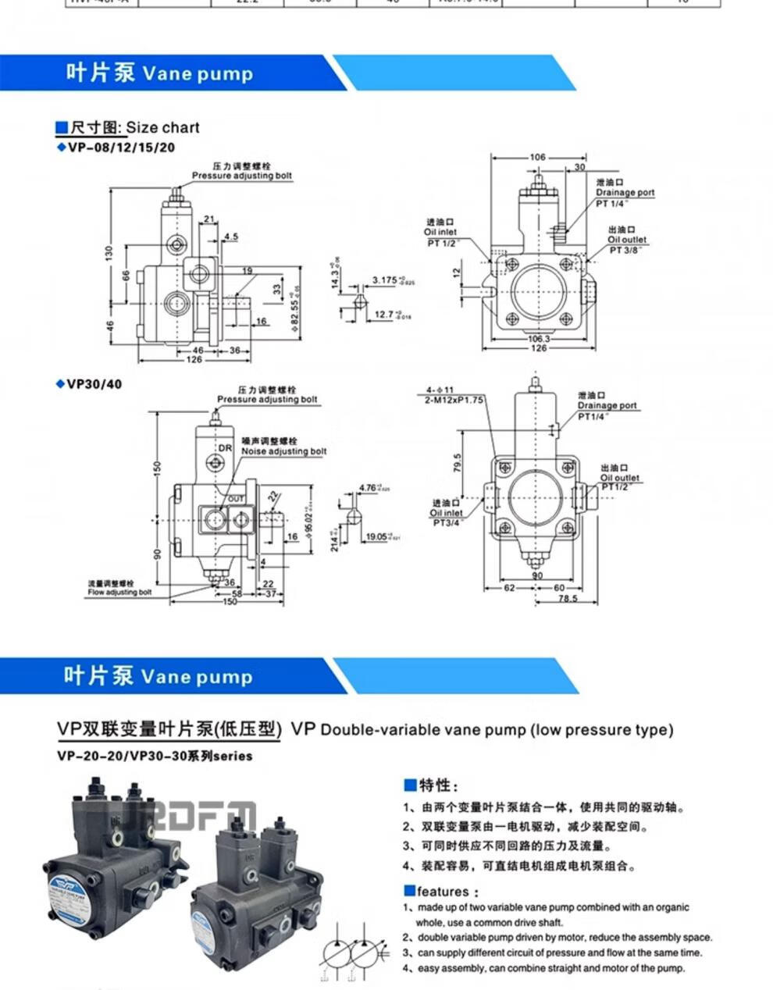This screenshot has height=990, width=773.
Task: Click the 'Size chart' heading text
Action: tap(162, 127)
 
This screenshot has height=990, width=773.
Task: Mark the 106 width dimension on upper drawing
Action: tap(537, 157)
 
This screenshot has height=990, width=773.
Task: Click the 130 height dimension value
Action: tap(110, 253)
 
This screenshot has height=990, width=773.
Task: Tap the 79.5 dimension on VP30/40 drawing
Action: tap(458, 462)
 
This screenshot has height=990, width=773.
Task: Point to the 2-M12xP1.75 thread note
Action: tap(455, 399)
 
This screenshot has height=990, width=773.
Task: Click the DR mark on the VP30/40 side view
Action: tap(225, 448)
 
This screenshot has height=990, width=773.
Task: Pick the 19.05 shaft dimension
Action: tap(379, 536)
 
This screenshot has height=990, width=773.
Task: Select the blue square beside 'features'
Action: tap(409, 891)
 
